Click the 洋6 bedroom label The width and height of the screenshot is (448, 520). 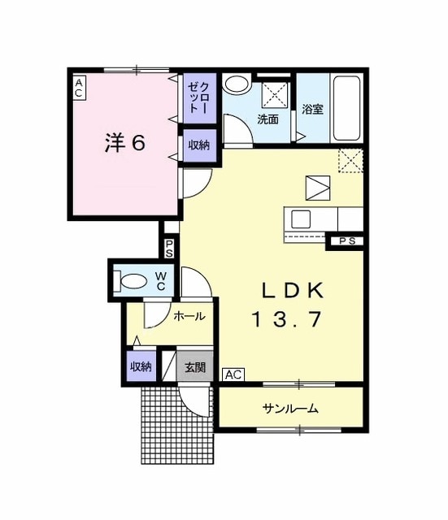(x=124, y=143)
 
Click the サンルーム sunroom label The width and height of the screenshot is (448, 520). (x=289, y=409)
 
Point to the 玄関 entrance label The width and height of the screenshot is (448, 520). (x=194, y=367)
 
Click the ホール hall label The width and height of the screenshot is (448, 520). (x=189, y=317)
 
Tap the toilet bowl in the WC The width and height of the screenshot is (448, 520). (x=133, y=281)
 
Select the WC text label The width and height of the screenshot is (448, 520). (x=161, y=281)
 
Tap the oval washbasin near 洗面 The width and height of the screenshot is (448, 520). (x=237, y=84)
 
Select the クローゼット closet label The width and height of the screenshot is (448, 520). (x=199, y=98)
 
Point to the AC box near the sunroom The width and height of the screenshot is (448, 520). (x=233, y=375)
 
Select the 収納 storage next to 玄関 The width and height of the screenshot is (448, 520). (x=141, y=366)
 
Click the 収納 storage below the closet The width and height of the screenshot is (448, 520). (x=198, y=145)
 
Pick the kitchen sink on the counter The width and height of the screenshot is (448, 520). (x=299, y=219)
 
